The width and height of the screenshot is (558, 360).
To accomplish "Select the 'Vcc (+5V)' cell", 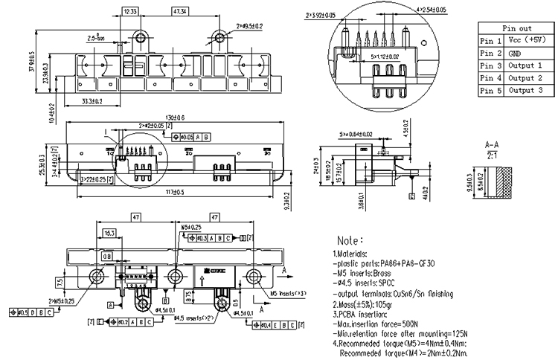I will tap(527, 40).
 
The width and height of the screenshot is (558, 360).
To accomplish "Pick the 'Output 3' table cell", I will tap(525, 91).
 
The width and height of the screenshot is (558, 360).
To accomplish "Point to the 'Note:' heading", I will tap(350, 242).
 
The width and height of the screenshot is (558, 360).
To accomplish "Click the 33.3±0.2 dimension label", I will tap(92, 100).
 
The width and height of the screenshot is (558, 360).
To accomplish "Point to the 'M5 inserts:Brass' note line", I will tap(372, 274).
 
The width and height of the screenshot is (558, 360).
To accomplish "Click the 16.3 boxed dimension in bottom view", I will tap(109, 234).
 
